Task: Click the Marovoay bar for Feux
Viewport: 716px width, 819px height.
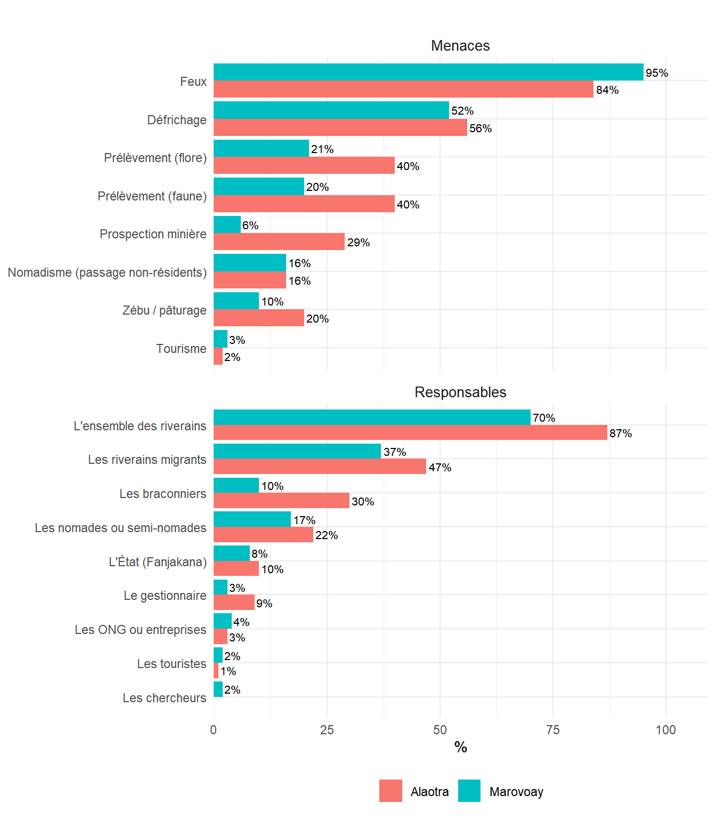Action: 428,72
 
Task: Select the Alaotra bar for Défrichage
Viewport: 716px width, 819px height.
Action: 340,128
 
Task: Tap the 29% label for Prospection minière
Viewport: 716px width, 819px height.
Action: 359,243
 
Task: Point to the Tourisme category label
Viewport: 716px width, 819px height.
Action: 181,349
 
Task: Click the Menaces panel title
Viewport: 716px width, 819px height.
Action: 460,46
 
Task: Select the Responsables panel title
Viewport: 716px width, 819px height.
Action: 460,392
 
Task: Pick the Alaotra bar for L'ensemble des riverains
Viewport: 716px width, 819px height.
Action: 410,433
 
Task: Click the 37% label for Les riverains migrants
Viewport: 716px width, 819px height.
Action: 395,452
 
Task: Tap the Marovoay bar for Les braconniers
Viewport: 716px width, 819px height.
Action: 236,485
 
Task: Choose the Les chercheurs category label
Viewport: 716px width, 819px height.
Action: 164,698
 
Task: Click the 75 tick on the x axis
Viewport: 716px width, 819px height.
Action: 553,730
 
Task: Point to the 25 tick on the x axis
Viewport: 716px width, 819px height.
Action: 327,730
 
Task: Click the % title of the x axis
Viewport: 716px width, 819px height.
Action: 460,748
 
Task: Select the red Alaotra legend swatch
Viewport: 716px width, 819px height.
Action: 390,791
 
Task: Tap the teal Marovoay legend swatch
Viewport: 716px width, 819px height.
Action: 469,791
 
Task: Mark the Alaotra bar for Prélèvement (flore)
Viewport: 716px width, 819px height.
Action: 304,166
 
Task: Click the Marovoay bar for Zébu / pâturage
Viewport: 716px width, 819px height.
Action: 236,301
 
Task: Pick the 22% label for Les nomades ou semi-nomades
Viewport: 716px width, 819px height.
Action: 327,535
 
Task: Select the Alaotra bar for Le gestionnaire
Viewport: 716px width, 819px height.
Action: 234,603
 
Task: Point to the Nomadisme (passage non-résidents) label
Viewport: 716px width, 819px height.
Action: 107,272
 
